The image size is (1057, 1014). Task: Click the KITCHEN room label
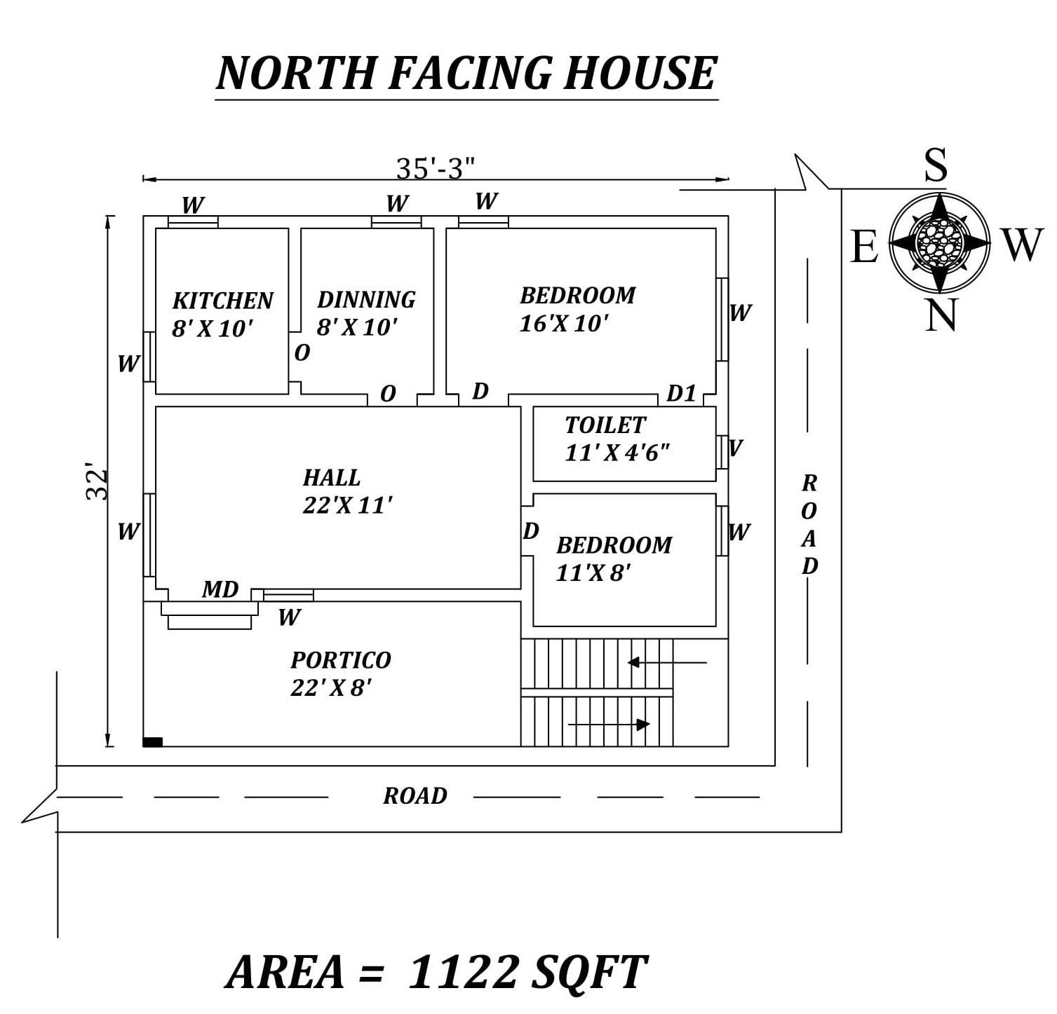pos(222,301)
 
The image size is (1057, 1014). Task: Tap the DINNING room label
pos(366,300)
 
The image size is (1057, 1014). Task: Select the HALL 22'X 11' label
pos(347,491)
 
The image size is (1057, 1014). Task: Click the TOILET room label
pos(605,425)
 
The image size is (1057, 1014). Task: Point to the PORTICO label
pos(341,660)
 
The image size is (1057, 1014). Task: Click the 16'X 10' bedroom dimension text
pos(563,324)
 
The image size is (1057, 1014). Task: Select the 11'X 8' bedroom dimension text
pos(593,573)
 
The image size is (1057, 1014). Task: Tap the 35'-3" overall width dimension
pos(436,168)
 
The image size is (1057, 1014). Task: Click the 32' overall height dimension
pos(98,481)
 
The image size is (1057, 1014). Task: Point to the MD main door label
pos(220,590)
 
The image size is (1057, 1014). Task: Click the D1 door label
pos(681,394)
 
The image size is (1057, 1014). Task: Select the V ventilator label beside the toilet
pos(735,448)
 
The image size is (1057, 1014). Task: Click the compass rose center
pos(939,242)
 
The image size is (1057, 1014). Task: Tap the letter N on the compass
pos(941,315)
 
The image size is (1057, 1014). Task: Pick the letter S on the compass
pos(936,165)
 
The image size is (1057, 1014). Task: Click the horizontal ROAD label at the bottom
pos(415,796)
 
